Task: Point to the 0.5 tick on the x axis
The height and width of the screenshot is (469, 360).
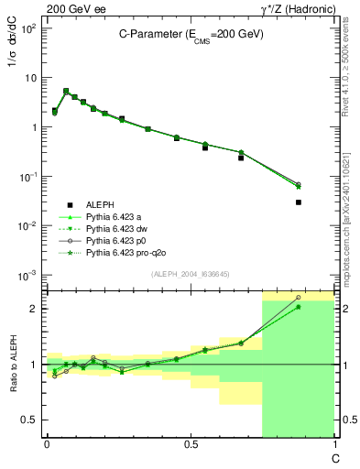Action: pos(190,445)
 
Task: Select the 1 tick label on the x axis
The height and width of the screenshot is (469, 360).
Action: pos(333,445)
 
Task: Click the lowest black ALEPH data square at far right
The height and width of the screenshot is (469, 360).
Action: pos(299,202)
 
